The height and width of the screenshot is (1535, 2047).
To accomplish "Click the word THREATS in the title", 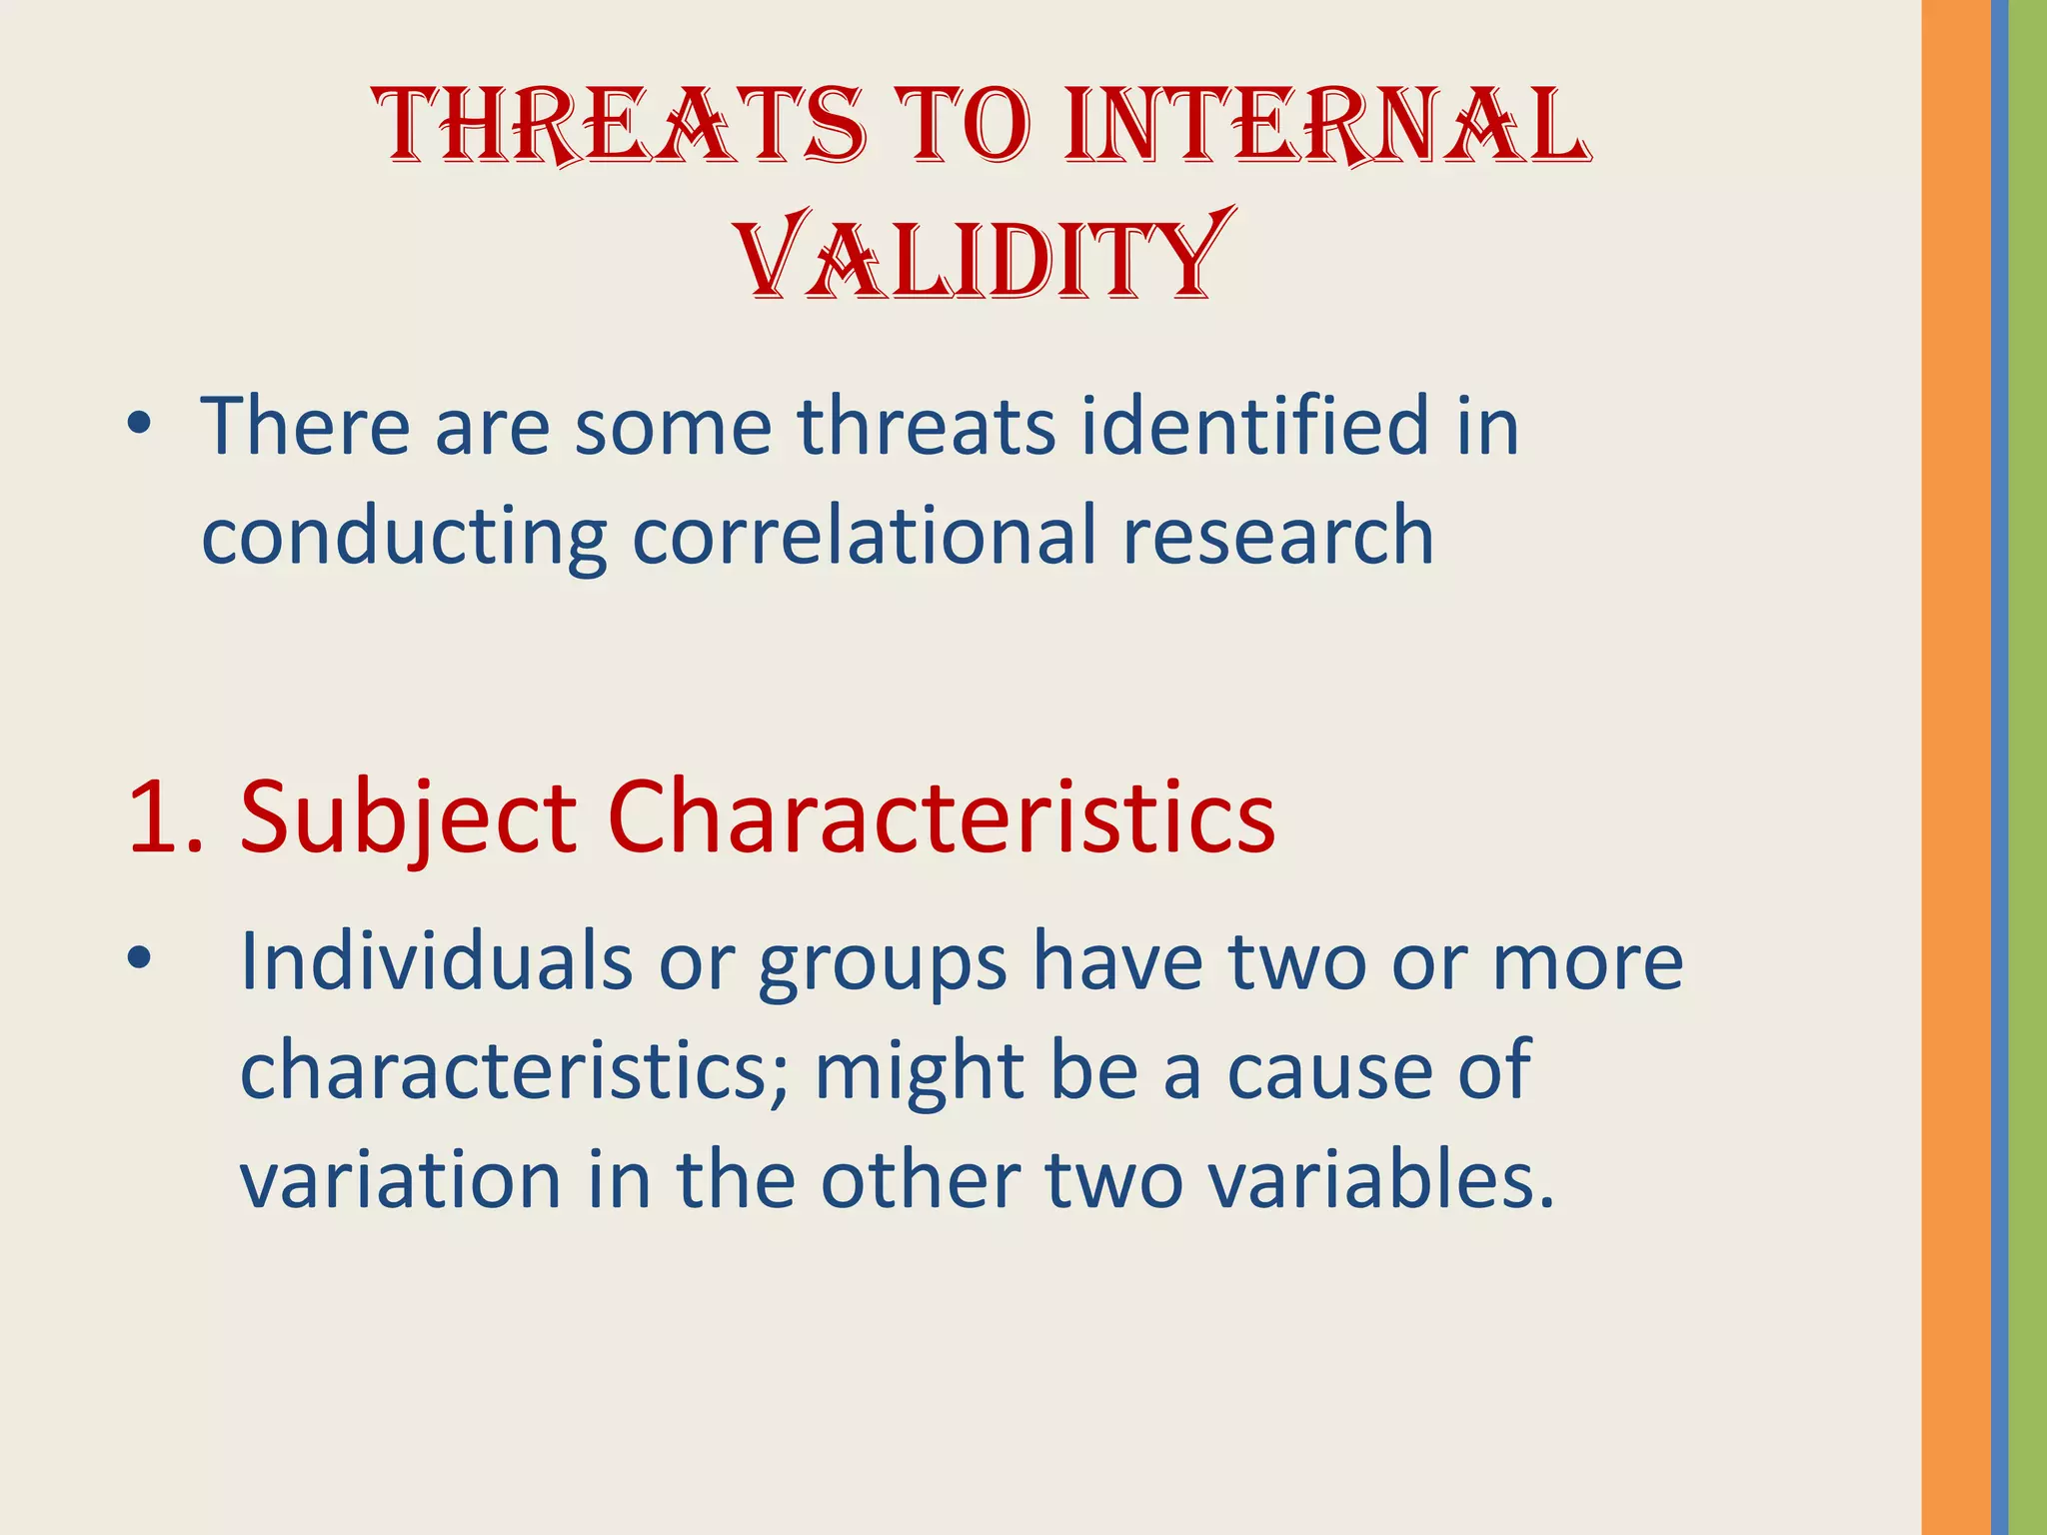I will (620, 126).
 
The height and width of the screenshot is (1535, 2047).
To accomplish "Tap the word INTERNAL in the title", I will (1327, 126).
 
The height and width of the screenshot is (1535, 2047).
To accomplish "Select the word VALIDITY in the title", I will (985, 256).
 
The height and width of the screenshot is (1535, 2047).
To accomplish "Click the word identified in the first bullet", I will (1252, 427).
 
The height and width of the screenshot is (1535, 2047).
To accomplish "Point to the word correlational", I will (864, 537).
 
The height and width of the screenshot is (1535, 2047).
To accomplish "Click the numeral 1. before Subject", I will (165, 818).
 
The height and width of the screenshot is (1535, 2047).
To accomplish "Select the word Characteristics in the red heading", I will (941, 818).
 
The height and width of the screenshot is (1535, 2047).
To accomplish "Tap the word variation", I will (401, 1180).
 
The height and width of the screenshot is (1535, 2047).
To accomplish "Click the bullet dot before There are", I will (139, 427).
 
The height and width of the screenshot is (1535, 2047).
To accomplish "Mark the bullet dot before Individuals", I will (139, 959).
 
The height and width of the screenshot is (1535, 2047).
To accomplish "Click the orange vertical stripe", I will (1955, 767).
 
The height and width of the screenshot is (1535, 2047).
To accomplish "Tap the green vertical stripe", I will (2028, 767).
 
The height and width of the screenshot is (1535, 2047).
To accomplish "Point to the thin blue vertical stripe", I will (1999, 767).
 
